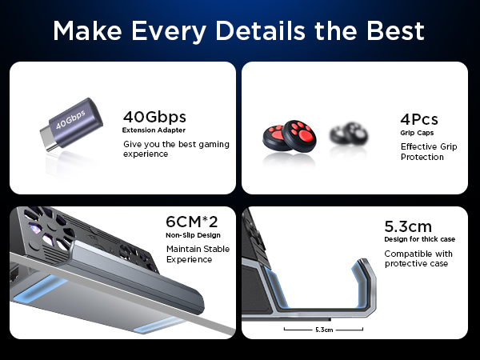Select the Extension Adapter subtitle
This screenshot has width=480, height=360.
pos(154,130)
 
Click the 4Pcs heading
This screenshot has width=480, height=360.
pos(419,119)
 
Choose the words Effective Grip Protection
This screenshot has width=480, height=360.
pos(427,151)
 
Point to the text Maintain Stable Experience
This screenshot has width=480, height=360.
pos(198,254)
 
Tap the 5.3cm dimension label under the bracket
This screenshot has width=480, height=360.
pos(324,328)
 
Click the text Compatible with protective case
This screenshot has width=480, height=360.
pos(418,258)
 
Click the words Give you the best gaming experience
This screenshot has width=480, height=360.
pos(176,149)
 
